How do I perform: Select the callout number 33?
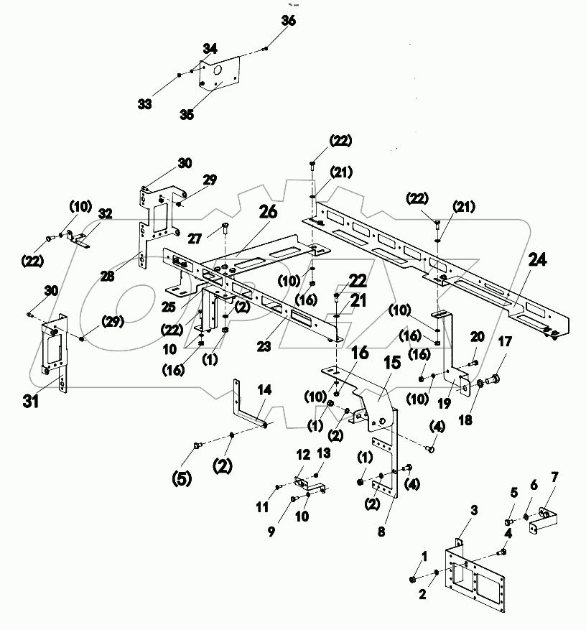coord(145,104)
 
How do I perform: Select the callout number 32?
coord(106,213)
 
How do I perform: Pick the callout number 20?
coord(477,336)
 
